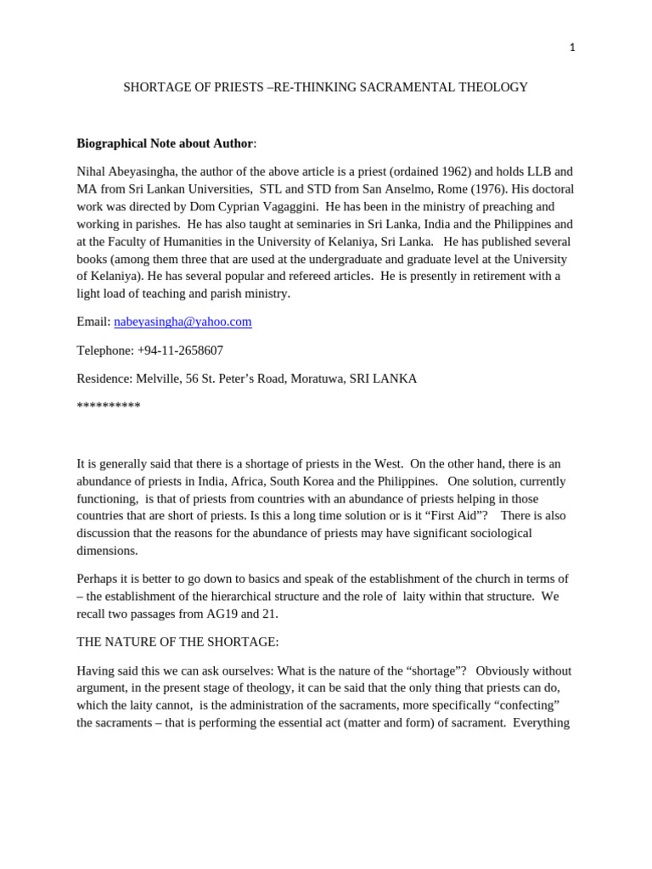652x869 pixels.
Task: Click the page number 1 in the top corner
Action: click(571, 48)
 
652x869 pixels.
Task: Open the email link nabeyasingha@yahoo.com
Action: click(183, 322)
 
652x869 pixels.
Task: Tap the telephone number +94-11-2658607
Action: click(180, 350)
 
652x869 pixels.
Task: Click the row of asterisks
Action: click(109, 406)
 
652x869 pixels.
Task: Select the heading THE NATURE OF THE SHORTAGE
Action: click(177, 642)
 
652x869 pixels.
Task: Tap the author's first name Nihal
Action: click(93, 171)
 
